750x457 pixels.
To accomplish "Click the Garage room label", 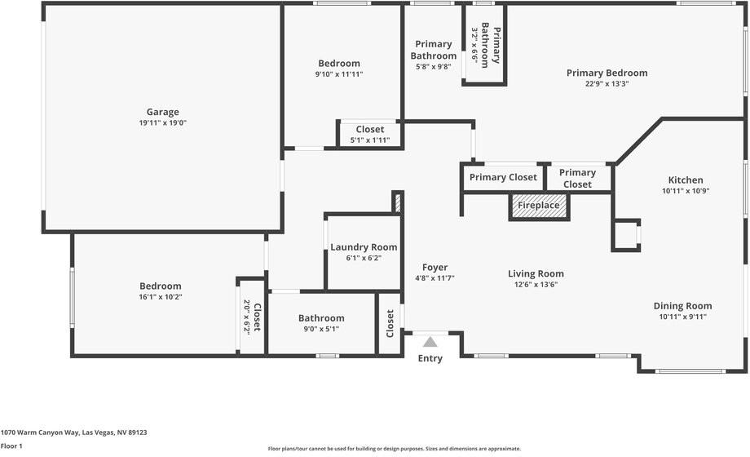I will [x=162, y=112].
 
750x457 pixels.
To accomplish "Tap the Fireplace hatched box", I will [x=539, y=206].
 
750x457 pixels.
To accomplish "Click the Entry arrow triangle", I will [x=430, y=341].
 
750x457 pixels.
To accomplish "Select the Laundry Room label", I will [x=364, y=247].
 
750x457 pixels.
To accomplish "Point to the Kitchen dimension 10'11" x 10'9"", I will [x=685, y=191].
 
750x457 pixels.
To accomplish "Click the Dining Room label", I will [x=682, y=306].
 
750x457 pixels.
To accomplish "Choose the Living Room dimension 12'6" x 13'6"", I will [x=536, y=285].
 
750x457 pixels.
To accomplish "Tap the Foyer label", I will [x=435, y=268].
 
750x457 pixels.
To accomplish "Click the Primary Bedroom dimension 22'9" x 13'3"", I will [x=607, y=83].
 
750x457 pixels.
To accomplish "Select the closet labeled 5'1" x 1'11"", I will [x=370, y=140].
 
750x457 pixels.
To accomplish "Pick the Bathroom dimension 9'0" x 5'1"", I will [x=320, y=329].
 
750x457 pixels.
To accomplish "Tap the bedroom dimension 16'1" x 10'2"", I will [x=160, y=297].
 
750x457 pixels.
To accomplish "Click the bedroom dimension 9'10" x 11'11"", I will [x=338, y=74].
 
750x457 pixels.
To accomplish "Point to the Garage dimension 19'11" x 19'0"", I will [x=162, y=123].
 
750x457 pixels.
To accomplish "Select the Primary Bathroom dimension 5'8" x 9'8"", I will [x=433, y=67].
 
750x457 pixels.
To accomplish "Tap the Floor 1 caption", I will [x=11, y=446].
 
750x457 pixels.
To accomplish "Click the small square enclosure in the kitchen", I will [x=626, y=234].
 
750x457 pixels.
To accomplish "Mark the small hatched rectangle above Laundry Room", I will [x=397, y=202].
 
